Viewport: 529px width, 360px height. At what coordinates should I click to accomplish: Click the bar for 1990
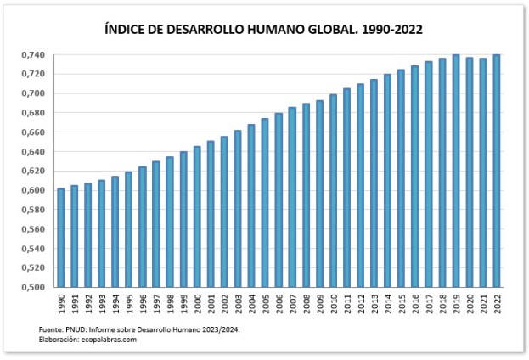coord(60,237)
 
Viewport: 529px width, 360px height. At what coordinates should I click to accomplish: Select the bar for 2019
coord(455,171)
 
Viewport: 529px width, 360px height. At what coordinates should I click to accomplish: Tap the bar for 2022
coord(496,171)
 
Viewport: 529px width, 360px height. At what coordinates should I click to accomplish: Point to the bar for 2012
coord(360,185)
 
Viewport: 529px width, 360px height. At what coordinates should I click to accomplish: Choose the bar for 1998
coord(169,222)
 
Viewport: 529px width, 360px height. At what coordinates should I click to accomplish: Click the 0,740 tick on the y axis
coord(33,55)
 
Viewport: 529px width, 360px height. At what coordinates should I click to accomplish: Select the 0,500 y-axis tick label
coord(33,287)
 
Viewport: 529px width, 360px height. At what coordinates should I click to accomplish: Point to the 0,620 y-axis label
coord(33,171)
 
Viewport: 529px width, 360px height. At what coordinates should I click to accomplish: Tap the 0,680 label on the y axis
coord(33,113)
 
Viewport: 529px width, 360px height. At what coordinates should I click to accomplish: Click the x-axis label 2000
coord(197,303)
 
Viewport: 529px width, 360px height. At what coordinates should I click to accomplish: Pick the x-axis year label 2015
coord(401,303)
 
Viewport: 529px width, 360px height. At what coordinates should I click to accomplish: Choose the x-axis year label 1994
coord(115,303)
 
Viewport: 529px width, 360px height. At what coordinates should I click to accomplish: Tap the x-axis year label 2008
coord(306,303)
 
